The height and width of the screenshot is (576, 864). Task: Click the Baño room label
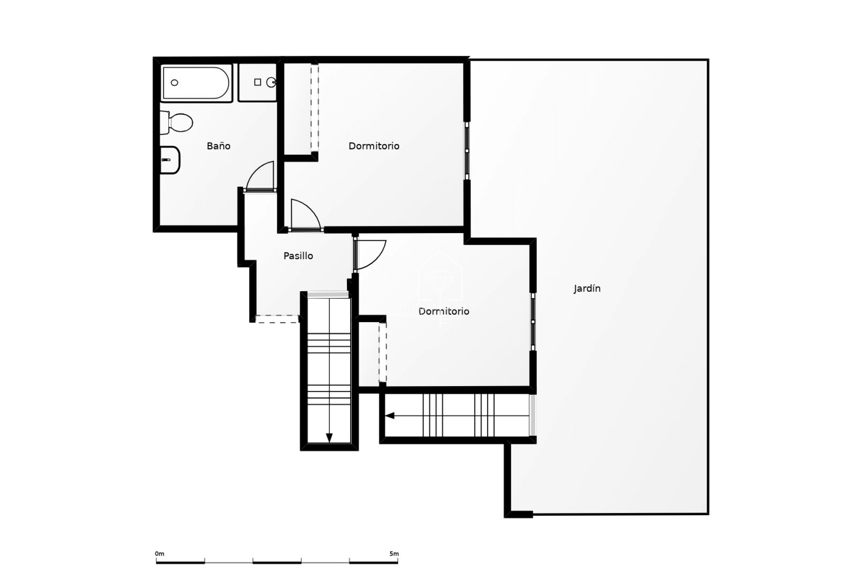[x=218, y=146]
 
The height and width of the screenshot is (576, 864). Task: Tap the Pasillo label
[x=298, y=256]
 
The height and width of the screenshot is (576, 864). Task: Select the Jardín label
[x=587, y=288]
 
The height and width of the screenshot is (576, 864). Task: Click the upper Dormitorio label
[x=374, y=146]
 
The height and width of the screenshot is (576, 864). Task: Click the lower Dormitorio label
[x=444, y=311]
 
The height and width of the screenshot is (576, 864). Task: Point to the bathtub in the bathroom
[x=197, y=83]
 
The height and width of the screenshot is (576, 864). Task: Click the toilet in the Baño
[x=176, y=122]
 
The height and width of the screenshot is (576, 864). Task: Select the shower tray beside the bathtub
[x=257, y=82]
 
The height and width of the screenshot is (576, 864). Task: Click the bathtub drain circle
[x=175, y=83]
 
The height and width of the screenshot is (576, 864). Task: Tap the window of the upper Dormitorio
[x=467, y=150]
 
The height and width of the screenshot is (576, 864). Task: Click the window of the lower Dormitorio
[x=533, y=322]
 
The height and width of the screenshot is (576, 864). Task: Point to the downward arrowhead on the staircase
[x=329, y=438]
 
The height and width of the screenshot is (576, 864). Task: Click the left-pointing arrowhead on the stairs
[x=390, y=415]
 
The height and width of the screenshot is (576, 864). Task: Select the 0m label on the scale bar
[x=160, y=553]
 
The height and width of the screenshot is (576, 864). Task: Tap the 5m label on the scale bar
[x=394, y=553]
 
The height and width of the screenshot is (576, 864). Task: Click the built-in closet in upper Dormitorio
[x=301, y=108]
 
